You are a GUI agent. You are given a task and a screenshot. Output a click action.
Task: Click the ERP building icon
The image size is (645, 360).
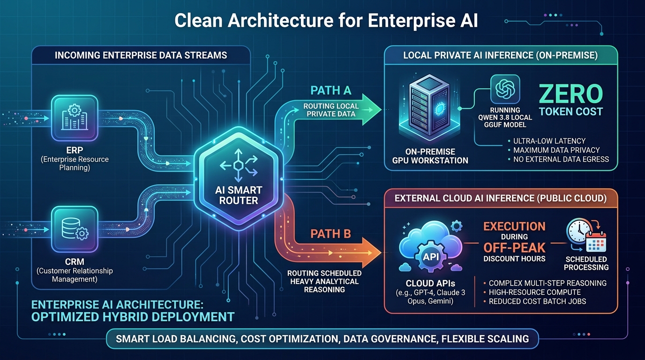point(75,118)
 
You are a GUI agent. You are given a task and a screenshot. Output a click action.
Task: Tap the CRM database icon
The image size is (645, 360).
point(75,229)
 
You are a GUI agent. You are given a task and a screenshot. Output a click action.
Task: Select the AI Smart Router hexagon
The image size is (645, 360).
point(239,179)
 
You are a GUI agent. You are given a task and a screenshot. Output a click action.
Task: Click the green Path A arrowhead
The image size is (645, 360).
point(371,109)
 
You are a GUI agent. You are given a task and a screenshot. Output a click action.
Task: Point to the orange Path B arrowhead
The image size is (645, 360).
point(371,253)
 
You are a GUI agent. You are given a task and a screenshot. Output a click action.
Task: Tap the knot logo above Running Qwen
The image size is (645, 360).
point(505,89)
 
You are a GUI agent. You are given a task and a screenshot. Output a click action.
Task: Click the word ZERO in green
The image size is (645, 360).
point(571,94)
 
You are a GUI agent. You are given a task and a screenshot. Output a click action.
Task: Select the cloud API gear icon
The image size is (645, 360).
point(430,256)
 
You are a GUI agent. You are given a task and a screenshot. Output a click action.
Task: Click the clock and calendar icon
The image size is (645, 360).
point(586,236)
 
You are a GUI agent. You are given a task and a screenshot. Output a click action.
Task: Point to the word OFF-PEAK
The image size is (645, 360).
point(514,247)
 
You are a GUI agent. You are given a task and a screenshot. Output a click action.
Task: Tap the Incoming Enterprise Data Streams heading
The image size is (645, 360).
point(141,55)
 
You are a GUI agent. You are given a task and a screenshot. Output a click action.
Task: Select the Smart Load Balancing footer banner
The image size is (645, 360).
point(322,339)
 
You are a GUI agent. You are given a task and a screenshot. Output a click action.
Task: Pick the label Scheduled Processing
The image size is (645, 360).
point(586,263)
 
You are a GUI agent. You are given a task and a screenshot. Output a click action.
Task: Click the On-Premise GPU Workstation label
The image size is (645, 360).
point(430,156)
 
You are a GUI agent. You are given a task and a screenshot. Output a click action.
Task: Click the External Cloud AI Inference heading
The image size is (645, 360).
point(501,198)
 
